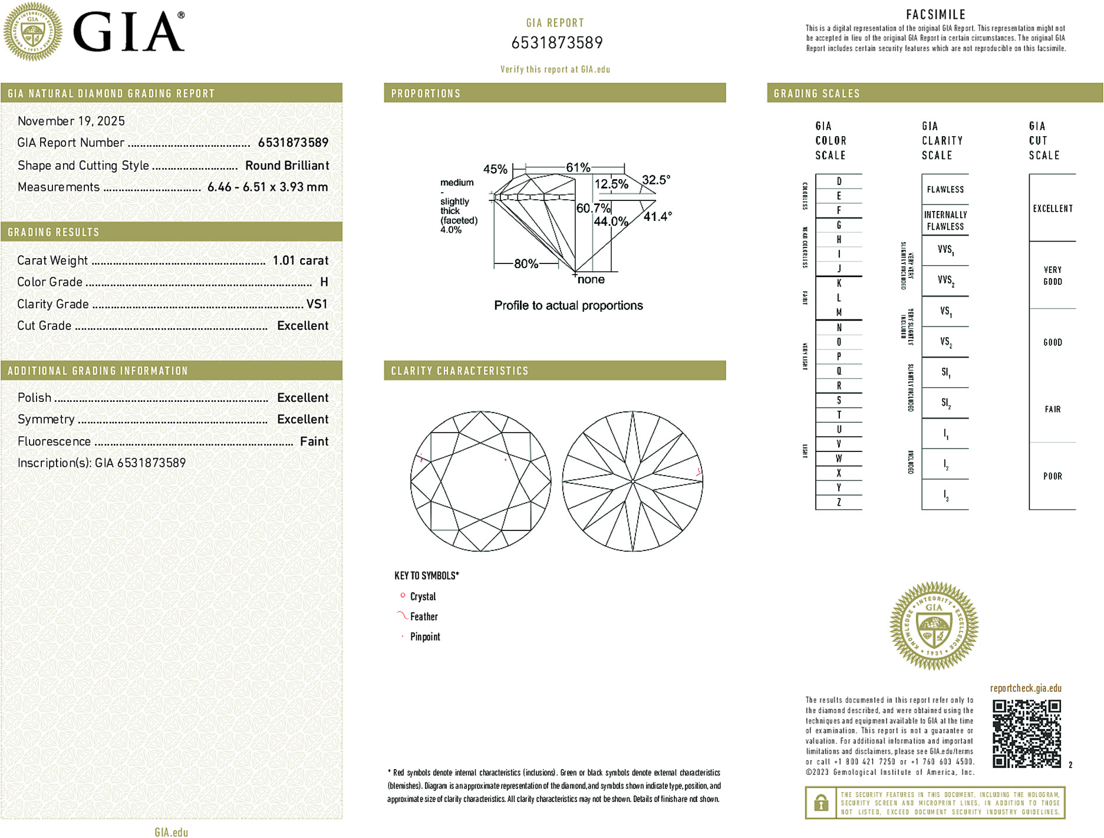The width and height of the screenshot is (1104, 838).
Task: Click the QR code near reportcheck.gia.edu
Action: [1026, 734]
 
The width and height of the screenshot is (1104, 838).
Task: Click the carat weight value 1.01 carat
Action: [300, 260]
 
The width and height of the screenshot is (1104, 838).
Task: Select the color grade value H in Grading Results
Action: [324, 282]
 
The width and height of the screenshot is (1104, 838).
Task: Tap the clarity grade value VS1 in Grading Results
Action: [317, 304]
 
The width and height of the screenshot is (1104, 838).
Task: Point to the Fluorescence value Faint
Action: [314, 441]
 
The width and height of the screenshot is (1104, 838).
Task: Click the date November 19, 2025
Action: [71, 121]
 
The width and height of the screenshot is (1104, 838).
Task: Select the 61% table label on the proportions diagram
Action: [578, 168]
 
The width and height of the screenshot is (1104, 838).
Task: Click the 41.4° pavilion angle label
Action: [657, 217]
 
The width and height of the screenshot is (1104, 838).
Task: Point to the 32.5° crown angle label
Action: [655, 180]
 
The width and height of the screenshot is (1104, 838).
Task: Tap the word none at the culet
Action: [591, 280]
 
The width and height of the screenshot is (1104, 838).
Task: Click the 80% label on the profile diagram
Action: [526, 264]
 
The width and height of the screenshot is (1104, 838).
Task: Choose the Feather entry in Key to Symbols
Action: [424, 617]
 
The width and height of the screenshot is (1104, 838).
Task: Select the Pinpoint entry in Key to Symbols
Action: [425, 637]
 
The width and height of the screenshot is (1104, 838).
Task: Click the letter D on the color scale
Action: [839, 182]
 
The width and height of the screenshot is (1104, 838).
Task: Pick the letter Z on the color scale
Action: [839, 503]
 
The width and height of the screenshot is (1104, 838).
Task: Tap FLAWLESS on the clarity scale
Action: [945, 190]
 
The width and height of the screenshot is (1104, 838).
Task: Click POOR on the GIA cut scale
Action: [1052, 476]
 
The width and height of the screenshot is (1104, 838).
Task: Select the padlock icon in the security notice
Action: [820, 803]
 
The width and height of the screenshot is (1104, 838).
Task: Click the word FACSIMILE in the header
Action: [935, 15]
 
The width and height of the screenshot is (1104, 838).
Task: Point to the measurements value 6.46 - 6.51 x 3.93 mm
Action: [268, 187]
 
